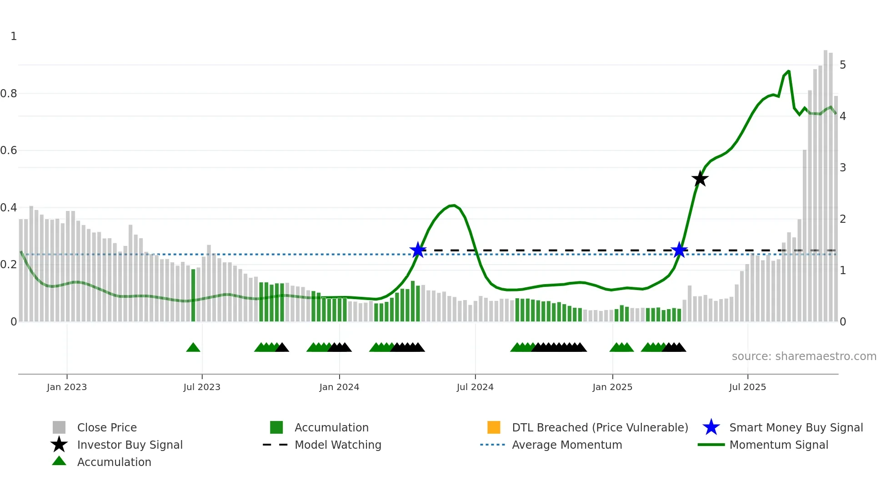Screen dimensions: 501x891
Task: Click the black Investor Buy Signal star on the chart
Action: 700,179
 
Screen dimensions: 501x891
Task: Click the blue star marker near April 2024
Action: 418,250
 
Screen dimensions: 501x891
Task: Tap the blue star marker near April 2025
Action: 679,250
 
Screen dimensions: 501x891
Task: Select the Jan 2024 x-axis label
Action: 339,387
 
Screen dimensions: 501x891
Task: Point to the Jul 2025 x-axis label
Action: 747,387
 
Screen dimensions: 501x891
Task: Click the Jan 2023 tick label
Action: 67,387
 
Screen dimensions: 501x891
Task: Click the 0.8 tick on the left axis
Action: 9,94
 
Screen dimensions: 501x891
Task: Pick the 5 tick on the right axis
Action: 843,65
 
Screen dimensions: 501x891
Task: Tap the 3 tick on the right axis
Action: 843,168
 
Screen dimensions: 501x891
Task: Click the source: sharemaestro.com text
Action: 804,356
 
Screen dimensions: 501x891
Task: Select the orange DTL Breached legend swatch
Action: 494,427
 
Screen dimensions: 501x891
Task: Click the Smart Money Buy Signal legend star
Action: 711,427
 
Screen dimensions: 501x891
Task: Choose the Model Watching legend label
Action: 338,445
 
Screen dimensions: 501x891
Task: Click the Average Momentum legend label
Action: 567,445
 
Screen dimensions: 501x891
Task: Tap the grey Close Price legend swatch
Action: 59,427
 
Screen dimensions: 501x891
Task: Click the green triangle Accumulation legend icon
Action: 59,461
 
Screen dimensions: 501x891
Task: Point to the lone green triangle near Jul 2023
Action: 193,348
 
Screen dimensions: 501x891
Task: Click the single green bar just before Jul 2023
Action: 193,296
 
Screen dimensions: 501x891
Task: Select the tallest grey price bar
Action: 826,182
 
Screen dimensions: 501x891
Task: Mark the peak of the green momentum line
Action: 788,71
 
